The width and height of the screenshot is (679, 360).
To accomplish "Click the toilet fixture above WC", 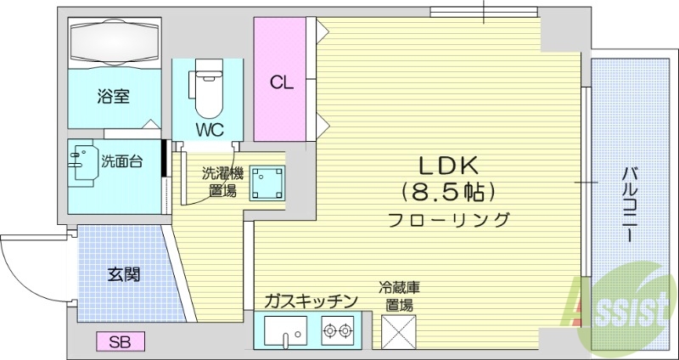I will [x=206, y=88].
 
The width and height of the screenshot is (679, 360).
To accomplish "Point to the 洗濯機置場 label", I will [x=222, y=181].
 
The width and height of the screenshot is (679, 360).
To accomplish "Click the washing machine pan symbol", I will [x=267, y=181].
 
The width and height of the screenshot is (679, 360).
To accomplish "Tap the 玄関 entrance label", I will [x=124, y=274].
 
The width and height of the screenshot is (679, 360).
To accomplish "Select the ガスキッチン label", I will [x=310, y=300].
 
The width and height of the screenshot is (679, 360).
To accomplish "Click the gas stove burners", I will [x=339, y=329].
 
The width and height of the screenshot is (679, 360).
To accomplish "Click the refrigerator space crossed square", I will [x=397, y=330].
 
